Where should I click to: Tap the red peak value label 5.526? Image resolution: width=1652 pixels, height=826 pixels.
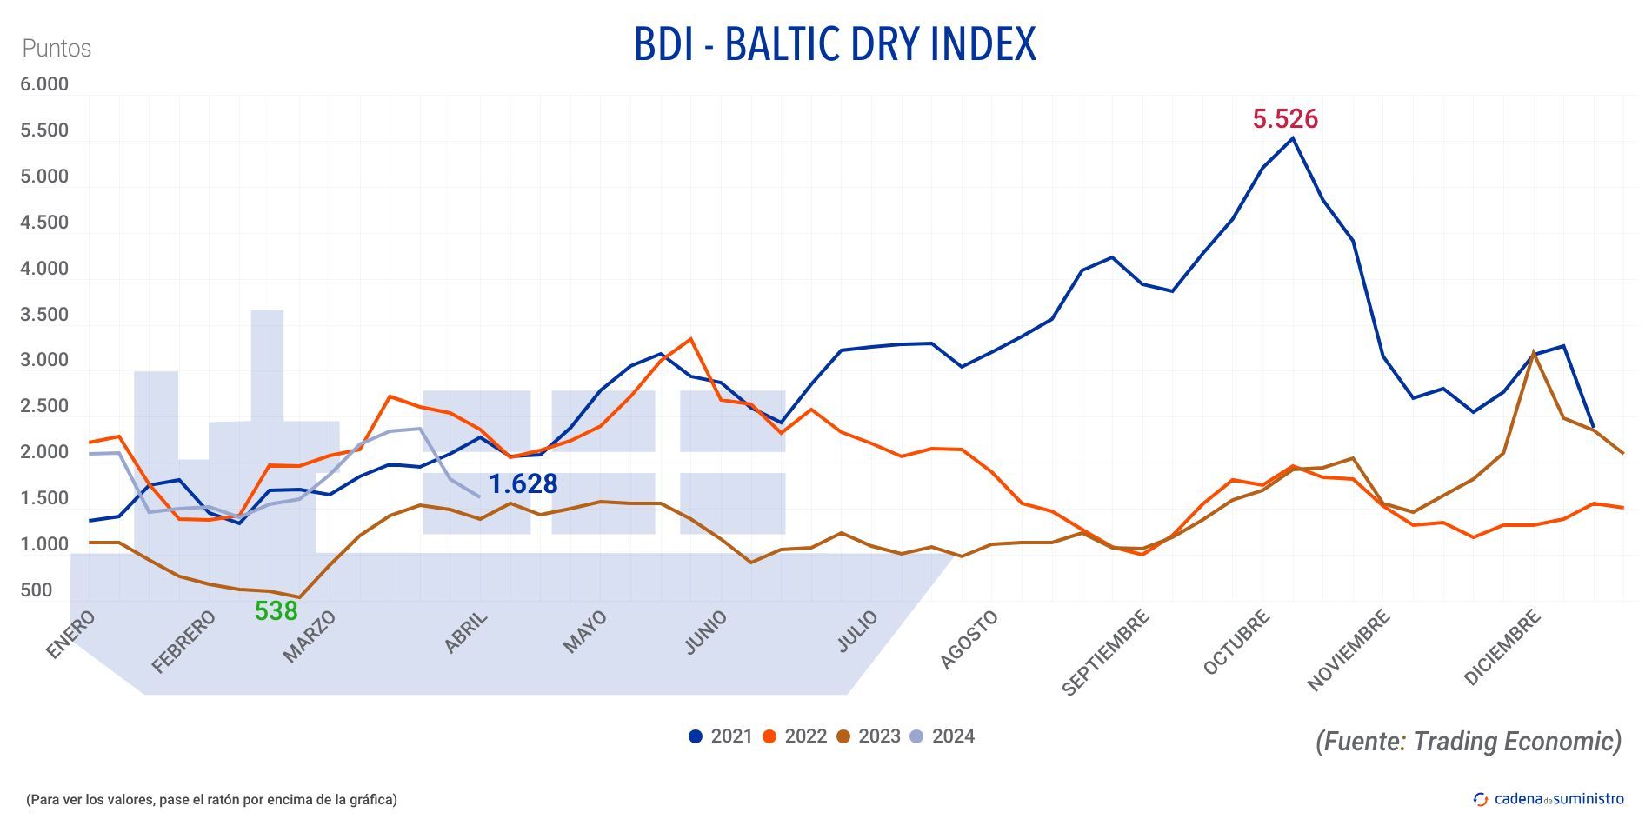coord(1284,118)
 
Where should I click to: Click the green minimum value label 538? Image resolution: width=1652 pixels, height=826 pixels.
coord(276,611)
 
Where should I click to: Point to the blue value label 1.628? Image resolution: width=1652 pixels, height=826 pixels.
coord(523,483)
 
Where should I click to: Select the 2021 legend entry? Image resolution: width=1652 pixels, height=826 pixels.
coord(721,736)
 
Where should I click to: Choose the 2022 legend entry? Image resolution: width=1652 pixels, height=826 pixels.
coord(795,736)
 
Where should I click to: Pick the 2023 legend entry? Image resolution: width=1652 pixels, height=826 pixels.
coord(869,736)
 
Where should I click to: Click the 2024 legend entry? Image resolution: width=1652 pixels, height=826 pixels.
coord(943,736)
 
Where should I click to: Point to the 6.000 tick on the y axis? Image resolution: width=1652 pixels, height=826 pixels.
coord(44,84)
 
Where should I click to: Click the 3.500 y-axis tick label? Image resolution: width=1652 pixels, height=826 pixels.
coord(44,315)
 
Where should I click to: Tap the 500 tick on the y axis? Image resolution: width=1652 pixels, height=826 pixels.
coord(37,590)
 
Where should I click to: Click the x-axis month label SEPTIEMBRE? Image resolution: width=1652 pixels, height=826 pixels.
coord(1106,652)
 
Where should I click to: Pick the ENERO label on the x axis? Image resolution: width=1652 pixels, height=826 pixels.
coord(70,634)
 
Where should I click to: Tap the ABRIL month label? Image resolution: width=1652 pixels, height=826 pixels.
coord(466,633)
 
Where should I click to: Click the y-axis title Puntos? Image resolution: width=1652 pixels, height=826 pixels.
coord(57,48)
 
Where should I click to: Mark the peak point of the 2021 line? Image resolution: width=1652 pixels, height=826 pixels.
coord(1292,138)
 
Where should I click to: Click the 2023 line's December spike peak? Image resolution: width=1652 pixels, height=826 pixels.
coord(1533,352)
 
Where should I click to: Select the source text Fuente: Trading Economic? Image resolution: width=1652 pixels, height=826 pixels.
coord(1468,741)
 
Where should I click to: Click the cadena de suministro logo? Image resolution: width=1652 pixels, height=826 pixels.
coord(1549,798)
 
